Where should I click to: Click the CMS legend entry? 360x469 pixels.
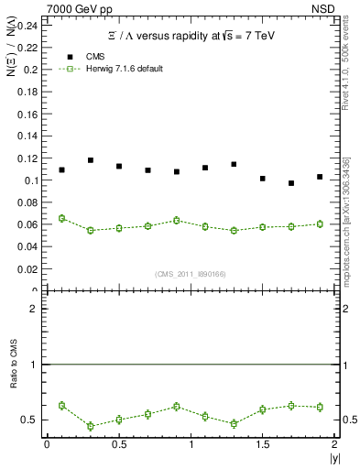pyautogui.click(x=77, y=56)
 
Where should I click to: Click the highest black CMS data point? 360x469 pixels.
pyautogui.click(x=91, y=160)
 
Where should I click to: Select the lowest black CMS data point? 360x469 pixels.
pyautogui.click(x=291, y=183)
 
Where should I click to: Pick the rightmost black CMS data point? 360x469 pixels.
pyautogui.click(x=320, y=177)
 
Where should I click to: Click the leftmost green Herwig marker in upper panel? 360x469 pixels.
pyautogui.click(x=61, y=218)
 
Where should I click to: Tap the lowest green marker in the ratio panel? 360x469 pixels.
pyautogui.click(x=91, y=426)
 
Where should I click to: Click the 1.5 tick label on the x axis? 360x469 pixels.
pyautogui.click(x=262, y=444)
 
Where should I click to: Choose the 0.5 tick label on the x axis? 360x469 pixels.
pyautogui.click(x=119, y=444)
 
